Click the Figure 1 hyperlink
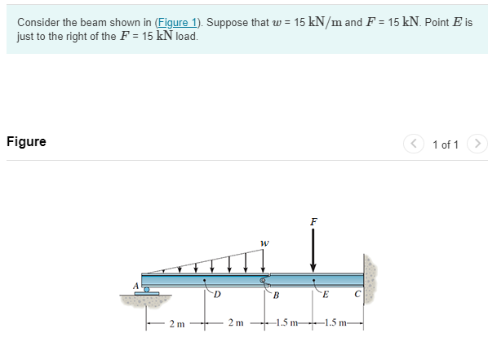coord(177,22)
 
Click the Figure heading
coord(26,141)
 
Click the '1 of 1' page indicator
coord(446,144)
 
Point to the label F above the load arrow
coord(313,221)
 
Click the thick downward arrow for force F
coord(313,251)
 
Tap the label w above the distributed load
coord(264,243)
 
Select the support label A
coord(135,286)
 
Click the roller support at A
coord(147,291)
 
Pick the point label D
coord(217,295)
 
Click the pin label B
coord(276,295)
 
